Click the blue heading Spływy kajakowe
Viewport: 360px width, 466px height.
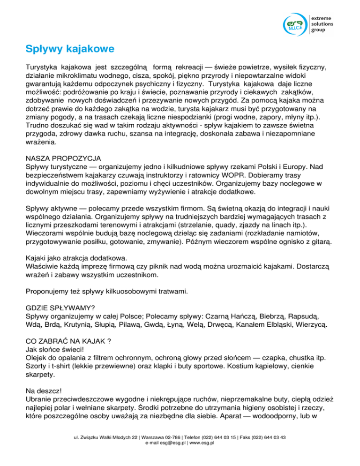point(69,48)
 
